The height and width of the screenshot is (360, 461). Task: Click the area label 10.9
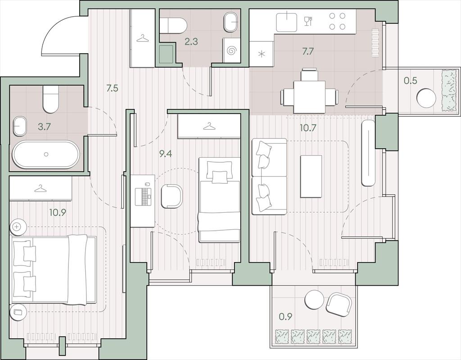pos(58,212)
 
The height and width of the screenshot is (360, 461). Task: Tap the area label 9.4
pos(166,154)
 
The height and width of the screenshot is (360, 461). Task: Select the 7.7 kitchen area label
pos(308,51)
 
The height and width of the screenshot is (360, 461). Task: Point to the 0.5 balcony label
pos(411,80)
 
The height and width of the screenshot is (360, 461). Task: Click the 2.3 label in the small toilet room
pos(191,42)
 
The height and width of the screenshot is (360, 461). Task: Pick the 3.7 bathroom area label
pos(45,127)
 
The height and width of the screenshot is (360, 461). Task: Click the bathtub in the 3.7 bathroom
pos(45,154)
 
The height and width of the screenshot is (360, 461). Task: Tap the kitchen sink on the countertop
pos(287,22)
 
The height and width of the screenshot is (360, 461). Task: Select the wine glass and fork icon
pos(308,21)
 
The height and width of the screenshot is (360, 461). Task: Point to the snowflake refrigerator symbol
pos(262,54)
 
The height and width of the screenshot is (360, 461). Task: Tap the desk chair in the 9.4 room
pos(172,196)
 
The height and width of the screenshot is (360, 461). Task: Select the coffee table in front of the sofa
pos(311,176)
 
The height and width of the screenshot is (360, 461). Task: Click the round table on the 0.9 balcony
pos(314,300)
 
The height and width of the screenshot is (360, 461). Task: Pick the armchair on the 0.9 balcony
pos(339,305)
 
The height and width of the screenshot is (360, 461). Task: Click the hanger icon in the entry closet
pos(143,39)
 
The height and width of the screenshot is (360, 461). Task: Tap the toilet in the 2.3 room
pos(173,26)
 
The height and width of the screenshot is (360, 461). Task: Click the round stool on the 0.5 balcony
pos(426,98)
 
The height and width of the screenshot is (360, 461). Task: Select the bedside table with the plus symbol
pos(18,227)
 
